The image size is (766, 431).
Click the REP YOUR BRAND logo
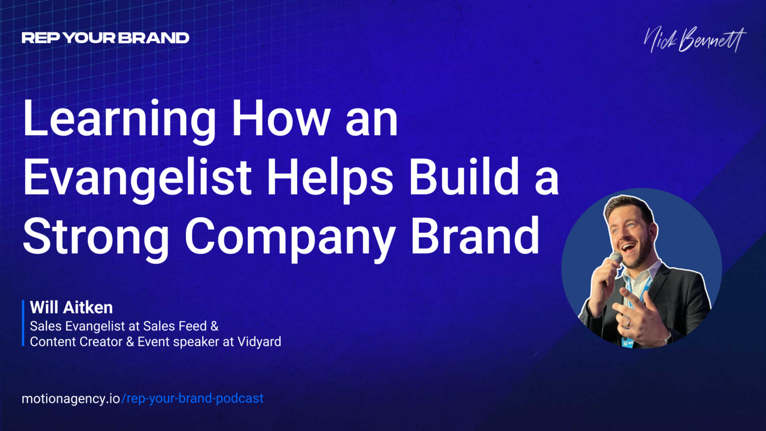(105, 38)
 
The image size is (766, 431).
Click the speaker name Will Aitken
(71, 308)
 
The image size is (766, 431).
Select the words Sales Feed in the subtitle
(181, 326)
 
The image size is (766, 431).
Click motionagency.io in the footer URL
(71, 399)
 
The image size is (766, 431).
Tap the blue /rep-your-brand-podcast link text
(193, 399)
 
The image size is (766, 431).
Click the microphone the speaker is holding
(615, 260)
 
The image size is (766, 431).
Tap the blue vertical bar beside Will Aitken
(24, 323)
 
